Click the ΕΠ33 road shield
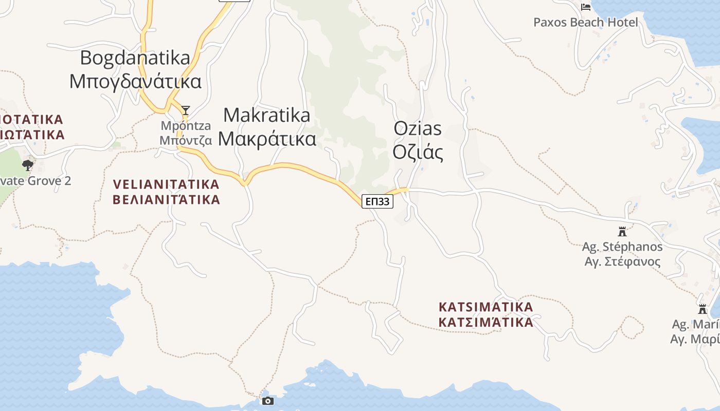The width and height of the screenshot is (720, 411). coord(377,201)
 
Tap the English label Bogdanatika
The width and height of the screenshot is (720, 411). coord(135,58)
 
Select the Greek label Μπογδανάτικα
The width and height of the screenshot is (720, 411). coord(135,81)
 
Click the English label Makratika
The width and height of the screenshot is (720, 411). coord(267,115)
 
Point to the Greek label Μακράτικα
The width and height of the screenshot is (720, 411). coord(267,139)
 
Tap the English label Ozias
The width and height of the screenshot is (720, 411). coord(418,128)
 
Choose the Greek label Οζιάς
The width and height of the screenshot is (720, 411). coord(418,152)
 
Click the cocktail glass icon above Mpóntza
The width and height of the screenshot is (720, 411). coord(186,110)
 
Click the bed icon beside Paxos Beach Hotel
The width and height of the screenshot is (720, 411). coord(585,7)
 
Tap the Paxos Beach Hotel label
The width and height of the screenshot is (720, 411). coord(585,22)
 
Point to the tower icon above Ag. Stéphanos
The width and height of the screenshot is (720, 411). coord(622,232)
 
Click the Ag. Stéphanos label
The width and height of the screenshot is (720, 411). coord(622,247)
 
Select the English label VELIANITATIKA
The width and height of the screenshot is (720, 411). coord(166,184)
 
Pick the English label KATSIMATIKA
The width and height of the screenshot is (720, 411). coord(486,307)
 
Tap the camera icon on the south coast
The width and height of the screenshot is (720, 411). coord(267,401)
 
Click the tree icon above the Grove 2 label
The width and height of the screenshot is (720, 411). coord(28,165)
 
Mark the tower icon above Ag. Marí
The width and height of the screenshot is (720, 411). coord(703,309)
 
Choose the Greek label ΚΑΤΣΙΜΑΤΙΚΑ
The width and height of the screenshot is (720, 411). coord(486,323)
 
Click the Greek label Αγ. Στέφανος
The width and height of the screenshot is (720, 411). coord(622,261)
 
